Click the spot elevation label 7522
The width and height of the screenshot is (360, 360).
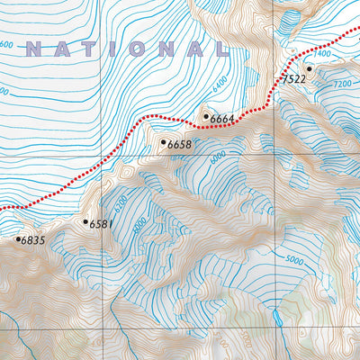295,80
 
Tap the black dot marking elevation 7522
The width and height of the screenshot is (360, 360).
308,68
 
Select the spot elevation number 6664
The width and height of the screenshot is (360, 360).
223,119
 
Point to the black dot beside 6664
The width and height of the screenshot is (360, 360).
206,115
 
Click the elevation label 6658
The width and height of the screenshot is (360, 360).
180,144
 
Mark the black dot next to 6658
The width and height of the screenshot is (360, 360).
163,141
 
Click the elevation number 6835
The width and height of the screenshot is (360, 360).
32,241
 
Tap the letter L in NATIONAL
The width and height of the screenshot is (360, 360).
216,49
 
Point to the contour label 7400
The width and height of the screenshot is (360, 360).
323,55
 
